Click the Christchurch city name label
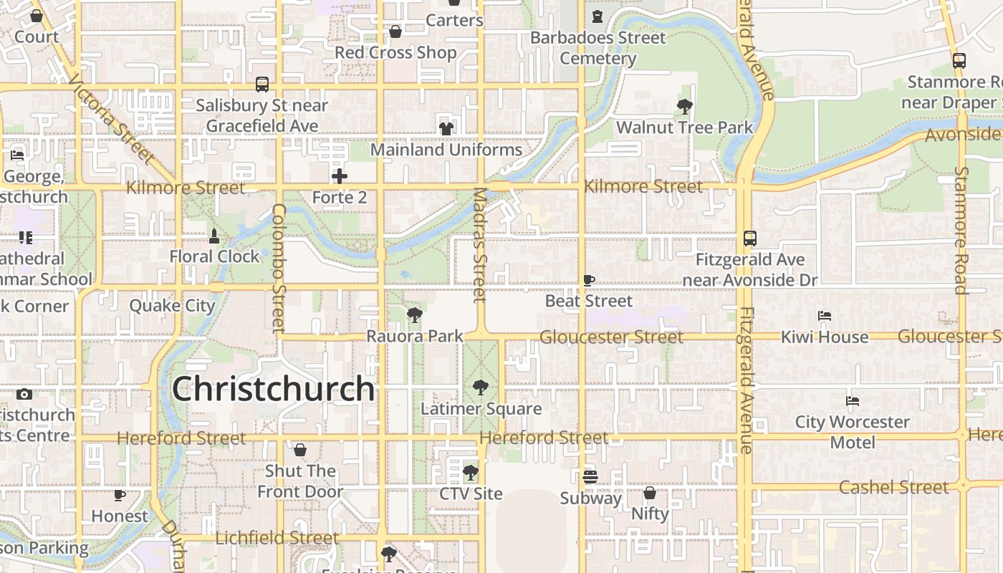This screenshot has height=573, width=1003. [273, 390]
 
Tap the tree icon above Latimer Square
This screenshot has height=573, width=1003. [481, 387]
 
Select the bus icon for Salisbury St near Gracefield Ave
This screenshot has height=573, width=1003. [262, 85]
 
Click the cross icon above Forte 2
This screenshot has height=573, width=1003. [340, 175]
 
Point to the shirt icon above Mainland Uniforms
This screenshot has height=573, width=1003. [446, 128]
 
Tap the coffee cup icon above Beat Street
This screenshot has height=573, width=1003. [589, 280]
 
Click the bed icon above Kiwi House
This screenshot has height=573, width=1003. [825, 316]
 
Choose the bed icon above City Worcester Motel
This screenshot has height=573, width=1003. [852, 401]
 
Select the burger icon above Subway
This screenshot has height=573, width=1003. [590, 476]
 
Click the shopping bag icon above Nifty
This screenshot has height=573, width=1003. [650, 493]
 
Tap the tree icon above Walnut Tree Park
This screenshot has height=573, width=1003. [684, 107]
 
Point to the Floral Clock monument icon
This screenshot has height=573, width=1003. [213, 236]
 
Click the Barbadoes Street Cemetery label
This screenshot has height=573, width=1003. [598, 48]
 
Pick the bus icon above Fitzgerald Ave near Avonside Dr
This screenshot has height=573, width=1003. [750, 239]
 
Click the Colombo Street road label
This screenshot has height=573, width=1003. [279, 268]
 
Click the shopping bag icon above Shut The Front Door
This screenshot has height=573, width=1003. [300, 450]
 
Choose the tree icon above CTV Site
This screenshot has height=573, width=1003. [471, 473]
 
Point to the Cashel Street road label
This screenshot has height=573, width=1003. [893, 488]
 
